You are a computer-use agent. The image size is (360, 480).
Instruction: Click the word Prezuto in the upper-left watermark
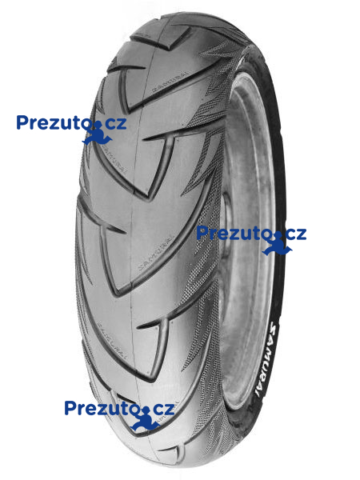55,122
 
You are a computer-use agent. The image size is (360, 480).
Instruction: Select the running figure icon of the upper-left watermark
97,132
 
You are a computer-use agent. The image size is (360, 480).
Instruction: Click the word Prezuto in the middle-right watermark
234,233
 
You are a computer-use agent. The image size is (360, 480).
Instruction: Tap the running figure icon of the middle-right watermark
277,243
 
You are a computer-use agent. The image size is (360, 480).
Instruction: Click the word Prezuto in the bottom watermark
103,408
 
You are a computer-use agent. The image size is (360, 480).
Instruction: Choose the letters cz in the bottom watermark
163,409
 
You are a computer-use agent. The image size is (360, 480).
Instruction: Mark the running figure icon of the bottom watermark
145,418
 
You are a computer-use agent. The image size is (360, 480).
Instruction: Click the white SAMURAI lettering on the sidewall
266,358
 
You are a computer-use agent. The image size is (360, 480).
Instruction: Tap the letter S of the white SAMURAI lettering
273,326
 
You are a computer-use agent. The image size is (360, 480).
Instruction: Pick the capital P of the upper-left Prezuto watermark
22,122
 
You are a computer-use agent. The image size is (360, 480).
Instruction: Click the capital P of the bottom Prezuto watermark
70,408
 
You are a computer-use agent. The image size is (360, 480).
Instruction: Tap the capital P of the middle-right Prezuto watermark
202,233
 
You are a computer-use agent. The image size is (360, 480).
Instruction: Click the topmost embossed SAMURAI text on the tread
169,82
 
